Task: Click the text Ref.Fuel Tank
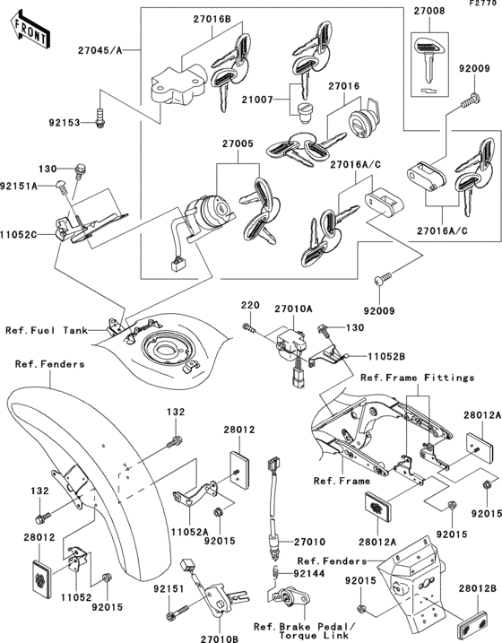(x=48, y=330)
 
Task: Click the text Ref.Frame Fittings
(x=417, y=378)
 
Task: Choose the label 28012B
(x=480, y=587)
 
